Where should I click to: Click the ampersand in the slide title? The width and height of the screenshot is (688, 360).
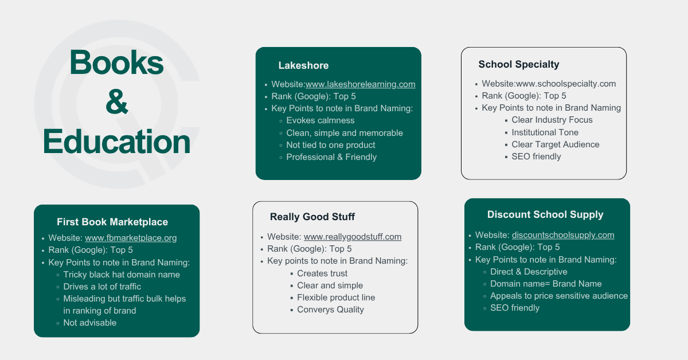[x=117, y=102]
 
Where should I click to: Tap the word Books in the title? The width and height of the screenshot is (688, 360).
[x=116, y=62]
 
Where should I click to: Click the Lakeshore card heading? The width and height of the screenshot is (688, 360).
[x=303, y=65]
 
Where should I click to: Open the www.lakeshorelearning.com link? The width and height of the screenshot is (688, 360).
[x=360, y=84]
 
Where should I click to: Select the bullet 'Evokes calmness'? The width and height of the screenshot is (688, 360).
[x=320, y=120]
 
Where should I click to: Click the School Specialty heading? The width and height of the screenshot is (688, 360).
[x=519, y=65]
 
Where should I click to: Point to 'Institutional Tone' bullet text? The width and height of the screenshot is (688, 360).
[x=545, y=132]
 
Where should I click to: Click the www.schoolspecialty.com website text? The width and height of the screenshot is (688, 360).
[x=566, y=84]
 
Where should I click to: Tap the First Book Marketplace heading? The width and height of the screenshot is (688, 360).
[x=112, y=222]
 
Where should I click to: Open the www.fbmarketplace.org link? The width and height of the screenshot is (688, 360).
[x=131, y=238]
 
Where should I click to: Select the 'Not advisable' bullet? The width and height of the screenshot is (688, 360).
[x=89, y=323]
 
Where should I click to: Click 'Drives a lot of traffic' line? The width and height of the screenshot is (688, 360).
[x=102, y=287]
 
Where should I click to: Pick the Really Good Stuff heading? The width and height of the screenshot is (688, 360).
[x=312, y=217]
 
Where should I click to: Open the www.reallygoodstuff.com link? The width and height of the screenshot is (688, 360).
[x=353, y=237]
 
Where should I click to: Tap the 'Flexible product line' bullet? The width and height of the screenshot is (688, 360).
[x=336, y=298]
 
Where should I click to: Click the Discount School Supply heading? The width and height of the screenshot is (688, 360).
[x=545, y=215]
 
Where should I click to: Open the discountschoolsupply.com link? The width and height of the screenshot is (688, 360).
[x=563, y=235]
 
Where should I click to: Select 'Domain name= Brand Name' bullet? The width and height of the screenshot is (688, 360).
[x=546, y=284]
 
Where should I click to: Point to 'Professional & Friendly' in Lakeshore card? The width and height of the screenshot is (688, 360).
[x=331, y=157]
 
